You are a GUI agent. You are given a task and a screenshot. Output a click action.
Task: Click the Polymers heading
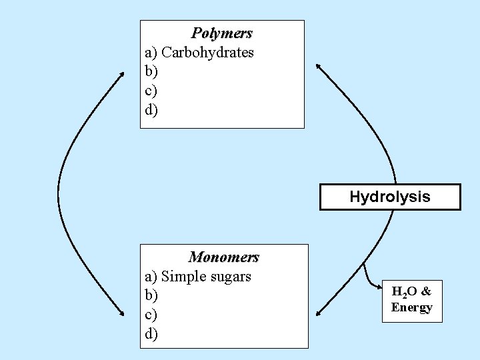222,33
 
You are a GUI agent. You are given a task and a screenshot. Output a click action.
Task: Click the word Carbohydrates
208,52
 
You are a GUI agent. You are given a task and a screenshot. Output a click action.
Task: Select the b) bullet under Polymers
151,71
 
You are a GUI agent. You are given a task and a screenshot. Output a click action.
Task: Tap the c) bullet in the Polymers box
151,90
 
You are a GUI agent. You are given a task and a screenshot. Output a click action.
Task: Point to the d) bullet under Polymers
151,109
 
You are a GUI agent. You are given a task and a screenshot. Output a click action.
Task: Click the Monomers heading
224,257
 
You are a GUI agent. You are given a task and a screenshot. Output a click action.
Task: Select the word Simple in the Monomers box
182,276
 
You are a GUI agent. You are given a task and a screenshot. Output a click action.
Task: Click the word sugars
229,276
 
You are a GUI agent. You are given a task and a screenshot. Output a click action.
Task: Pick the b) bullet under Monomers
151,295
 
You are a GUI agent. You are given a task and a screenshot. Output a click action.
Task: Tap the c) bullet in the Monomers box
151,313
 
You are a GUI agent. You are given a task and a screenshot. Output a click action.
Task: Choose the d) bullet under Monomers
151,332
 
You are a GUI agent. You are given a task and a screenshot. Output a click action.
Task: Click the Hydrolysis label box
390,197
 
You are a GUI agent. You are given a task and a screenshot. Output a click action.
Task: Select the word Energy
412,307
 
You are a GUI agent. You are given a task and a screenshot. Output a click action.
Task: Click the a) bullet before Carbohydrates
151,52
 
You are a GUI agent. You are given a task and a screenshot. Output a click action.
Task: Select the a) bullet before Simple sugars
151,276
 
